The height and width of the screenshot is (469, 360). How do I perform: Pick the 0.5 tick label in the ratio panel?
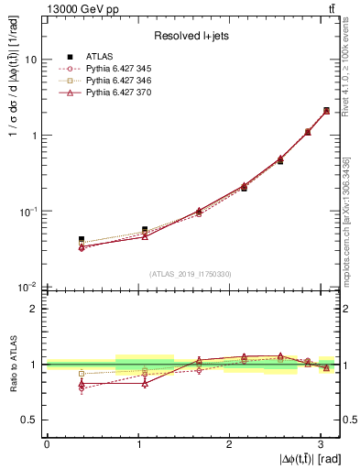coord(29,420)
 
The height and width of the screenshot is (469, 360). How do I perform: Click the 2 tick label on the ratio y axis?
coord(33,309)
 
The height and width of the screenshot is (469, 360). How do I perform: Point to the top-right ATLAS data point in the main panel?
coord(326,111)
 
